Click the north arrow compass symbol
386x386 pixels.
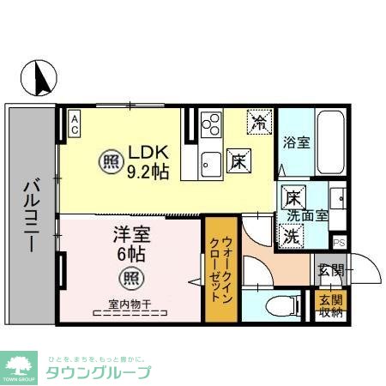click(39, 79)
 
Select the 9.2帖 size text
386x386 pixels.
click(148, 172)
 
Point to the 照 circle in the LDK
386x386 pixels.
click(111, 161)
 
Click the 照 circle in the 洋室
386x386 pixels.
click(130, 277)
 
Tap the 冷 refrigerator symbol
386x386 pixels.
click(257, 122)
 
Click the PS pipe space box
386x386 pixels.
click(339, 243)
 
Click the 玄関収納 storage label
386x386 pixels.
click(329, 305)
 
